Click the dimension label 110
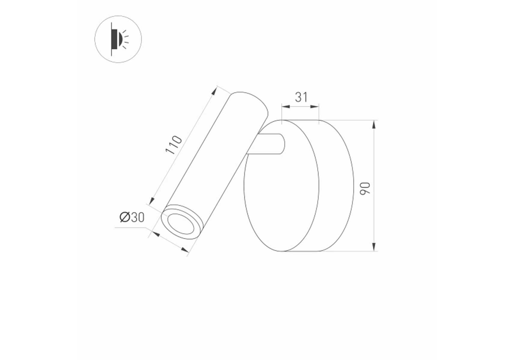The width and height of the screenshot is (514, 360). coord(174,145)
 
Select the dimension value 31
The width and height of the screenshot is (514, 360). coord(301,97)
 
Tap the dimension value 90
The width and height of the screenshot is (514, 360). coord(365,188)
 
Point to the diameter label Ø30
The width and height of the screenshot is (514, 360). coord(132,217)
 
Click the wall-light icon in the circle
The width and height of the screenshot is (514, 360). coord(118,39)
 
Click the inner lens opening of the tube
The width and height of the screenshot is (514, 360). coord(181,223)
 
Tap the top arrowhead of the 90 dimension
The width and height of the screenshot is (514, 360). coord(374,124)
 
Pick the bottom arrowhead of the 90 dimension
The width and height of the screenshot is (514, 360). coord(374,247)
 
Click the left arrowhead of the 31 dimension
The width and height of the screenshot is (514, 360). coord(286,106)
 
